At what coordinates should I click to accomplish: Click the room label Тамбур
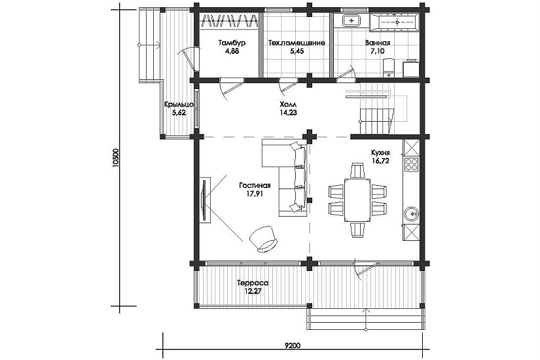pos(232,43)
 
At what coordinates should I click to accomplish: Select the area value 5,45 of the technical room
pos(297,51)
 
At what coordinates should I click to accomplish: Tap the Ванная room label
pos(378,43)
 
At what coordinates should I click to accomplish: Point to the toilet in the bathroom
pos(388,67)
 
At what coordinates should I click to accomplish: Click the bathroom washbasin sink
pos(351,20)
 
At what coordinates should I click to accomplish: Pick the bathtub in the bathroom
pos(397,22)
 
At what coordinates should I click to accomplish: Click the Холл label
pos(288,104)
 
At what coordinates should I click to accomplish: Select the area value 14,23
pos(288,113)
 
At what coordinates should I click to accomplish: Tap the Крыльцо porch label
pos(179,104)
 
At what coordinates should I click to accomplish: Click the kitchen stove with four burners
pos(411,164)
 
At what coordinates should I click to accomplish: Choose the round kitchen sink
pos(411,214)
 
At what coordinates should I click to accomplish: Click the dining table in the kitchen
pos(357,200)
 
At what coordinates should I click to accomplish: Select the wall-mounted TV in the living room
pos(204,200)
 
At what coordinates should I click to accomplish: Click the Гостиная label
pos(255,186)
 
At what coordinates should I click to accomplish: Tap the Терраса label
pos(253,283)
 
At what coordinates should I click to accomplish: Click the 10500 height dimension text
pos(116,158)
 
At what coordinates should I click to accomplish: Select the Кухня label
pos(380,153)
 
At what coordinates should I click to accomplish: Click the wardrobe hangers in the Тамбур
pos(229,21)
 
